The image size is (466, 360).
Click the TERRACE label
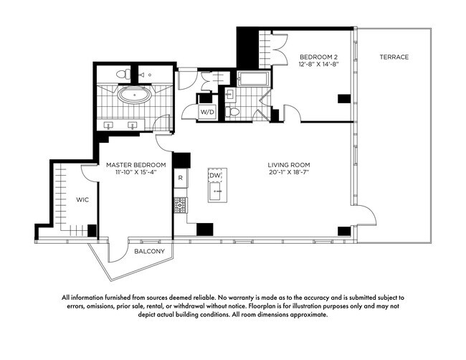point(394,57)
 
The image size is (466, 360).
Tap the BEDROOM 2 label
point(318,57)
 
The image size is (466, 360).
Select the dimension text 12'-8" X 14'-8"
point(318,64)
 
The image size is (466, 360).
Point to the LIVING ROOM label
point(289,165)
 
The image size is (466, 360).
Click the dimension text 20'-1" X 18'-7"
point(289,172)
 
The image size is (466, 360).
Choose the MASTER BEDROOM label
point(135,165)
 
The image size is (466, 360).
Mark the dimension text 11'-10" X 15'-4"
point(135,172)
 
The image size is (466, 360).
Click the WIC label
point(82,200)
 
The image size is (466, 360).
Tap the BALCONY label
point(149,251)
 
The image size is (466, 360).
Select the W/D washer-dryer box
point(207,111)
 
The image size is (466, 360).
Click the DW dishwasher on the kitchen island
point(215,176)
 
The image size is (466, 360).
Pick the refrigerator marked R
point(181,178)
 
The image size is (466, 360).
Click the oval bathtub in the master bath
point(135,95)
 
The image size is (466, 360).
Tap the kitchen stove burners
point(180,205)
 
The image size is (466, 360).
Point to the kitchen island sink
point(216,191)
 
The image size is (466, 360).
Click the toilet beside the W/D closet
point(232,112)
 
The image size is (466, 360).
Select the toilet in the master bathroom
point(123,73)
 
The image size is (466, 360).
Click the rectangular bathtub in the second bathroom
point(254,78)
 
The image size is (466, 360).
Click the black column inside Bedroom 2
point(344,99)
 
